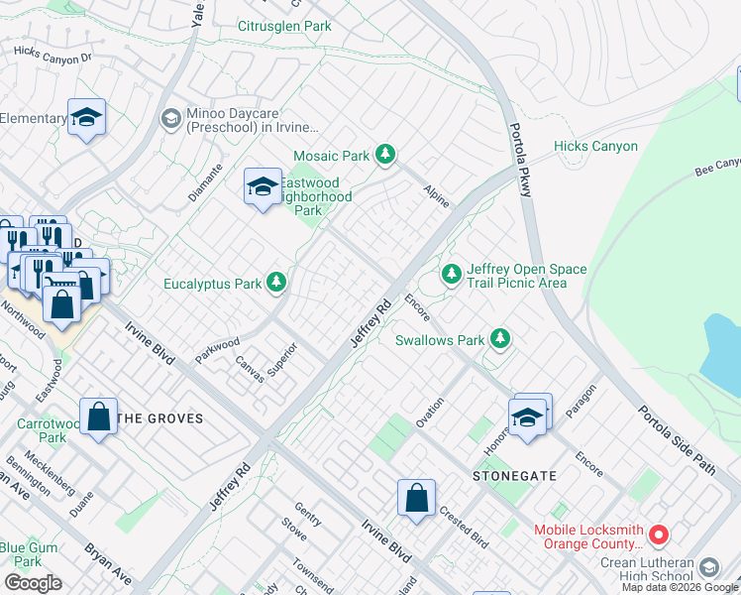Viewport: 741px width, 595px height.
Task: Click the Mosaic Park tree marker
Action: tap(385, 155)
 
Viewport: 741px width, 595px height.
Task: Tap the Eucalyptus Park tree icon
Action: tap(276, 284)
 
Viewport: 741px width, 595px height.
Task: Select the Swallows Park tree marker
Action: tap(501, 340)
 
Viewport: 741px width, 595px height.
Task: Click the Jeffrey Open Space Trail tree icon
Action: tap(452, 271)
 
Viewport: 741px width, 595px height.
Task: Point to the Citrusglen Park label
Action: tap(284, 26)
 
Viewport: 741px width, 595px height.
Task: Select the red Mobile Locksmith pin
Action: tap(659, 536)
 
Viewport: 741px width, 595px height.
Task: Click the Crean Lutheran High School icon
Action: tap(708, 568)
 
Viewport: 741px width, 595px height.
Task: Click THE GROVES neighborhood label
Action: tap(160, 418)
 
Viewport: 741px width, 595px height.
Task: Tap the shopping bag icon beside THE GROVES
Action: tap(99, 418)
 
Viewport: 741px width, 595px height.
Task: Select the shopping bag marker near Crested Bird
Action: tap(417, 498)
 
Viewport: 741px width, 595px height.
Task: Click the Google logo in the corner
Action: tap(33, 583)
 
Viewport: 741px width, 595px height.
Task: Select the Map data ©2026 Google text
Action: tap(679, 587)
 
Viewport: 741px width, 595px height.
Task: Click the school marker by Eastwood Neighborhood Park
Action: tap(263, 186)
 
